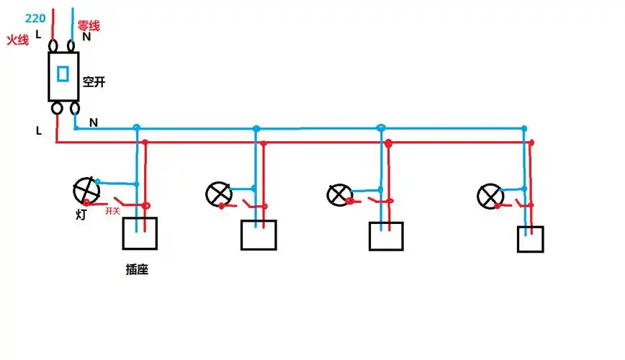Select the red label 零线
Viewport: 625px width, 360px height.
pyautogui.click(x=89, y=26)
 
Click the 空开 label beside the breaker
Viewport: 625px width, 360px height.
pyautogui.click(x=94, y=82)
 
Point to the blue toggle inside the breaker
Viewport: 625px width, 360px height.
pyautogui.click(x=63, y=73)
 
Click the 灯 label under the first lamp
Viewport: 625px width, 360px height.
pyautogui.click(x=81, y=214)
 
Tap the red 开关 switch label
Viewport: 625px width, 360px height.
pyautogui.click(x=112, y=211)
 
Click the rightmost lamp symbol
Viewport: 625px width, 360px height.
pyautogui.click(x=490, y=195)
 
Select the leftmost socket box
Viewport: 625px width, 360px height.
pyautogui.click(x=139, y=233)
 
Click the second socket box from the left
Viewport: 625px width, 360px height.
pyautogui.click(x=258, y=235)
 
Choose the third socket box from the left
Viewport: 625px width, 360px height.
pyautogui.click(x=386, y=235)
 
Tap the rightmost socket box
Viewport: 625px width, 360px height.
pyautogui.click(x=531, y=239)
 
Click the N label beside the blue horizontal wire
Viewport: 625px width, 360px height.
pyautogui.click(x=94, y=122)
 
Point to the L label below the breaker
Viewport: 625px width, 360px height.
pyautogui.click(x=39, y=130)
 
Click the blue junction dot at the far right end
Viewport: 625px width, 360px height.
pyautogui.click(x=525, y=129)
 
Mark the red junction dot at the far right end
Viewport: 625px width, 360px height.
pyautogui.click(x=532, y=143)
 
